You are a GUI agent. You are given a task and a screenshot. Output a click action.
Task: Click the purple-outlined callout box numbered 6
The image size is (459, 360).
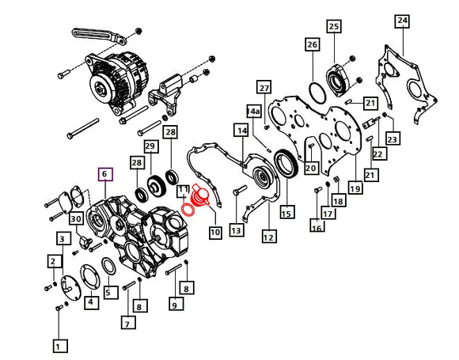point(105,174)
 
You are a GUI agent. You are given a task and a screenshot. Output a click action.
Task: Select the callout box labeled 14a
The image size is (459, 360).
point(253,112)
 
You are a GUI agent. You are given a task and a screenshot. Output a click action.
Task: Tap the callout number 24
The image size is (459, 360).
point(402,21)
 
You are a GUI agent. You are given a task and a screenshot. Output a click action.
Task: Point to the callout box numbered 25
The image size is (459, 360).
point(334,27)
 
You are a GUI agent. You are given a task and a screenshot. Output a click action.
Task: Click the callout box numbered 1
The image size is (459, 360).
point(61,347)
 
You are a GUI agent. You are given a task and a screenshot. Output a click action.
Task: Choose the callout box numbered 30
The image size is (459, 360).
point(76,218)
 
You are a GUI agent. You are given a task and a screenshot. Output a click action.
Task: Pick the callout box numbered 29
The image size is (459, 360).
point(150,146)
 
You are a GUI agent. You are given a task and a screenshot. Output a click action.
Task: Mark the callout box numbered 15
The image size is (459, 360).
point(286,212)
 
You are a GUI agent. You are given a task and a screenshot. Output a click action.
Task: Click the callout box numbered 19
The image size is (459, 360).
point(355,188)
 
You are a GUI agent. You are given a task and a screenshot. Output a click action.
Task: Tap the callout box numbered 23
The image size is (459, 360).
point(393,138)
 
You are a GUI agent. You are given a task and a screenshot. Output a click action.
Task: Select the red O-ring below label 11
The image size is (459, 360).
point(188,210)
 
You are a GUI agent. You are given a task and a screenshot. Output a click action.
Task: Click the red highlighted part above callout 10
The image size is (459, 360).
point(200,195)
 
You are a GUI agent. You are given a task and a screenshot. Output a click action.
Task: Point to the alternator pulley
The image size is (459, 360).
point(100,87)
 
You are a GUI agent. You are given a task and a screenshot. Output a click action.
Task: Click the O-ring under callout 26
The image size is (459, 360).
point(317,93)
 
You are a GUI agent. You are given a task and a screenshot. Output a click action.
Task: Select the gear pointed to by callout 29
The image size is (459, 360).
point(157,185)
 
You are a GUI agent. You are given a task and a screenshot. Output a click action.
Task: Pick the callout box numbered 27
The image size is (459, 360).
point(264,88)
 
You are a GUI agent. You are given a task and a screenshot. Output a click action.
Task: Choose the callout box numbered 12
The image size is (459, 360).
point(269,237)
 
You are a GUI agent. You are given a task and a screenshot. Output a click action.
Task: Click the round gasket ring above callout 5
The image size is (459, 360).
point(108,267)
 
